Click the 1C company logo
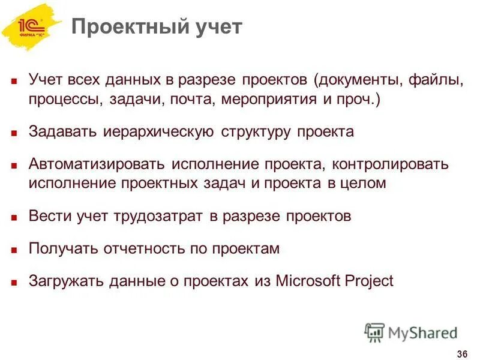pyautogui.click(x=31, y=27)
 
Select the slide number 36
pyautogui.click(x=462, y=352)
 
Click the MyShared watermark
pyautogui.click(x=412, y=332)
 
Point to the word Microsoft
pyautogui.click(x=309, y=281)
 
